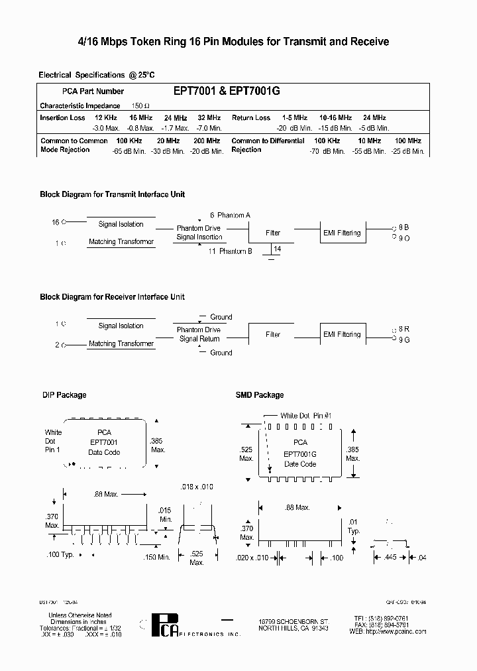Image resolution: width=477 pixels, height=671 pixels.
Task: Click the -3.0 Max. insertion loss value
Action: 106,128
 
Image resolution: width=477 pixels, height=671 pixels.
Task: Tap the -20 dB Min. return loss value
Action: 294,128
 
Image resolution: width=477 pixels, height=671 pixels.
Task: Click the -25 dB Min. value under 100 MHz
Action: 407,151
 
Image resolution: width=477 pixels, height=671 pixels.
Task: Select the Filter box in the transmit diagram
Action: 273,233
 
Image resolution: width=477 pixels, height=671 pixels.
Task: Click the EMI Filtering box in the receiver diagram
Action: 341,334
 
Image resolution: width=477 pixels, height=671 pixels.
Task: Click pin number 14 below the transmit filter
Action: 277,248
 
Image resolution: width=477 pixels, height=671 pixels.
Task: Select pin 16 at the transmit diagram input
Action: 56,221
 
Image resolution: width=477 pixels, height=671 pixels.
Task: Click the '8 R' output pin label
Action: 404,328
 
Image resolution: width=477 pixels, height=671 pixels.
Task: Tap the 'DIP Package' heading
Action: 64,395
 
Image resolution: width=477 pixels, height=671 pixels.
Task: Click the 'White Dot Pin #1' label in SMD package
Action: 305,416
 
